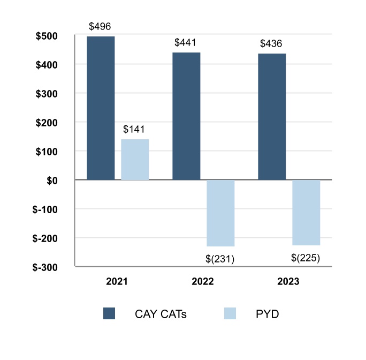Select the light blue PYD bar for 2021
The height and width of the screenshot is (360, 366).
coord(135,160)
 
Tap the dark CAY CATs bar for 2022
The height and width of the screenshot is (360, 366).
coord(186,116)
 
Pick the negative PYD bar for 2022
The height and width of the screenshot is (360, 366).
coord(220,213)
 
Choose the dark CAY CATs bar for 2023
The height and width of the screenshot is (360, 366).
coord(272,117)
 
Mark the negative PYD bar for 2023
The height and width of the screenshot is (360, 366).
coord(306,212)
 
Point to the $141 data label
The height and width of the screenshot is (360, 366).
coord(134,129)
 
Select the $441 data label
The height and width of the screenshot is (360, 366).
coord(186,43)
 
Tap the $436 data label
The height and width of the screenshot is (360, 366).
coord(272,44)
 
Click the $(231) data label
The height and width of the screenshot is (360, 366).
coord(220,259)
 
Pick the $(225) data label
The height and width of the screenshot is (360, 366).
coord(306,257)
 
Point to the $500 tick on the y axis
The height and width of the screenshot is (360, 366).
coord(55,36)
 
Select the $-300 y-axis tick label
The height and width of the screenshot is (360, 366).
coord(53,267)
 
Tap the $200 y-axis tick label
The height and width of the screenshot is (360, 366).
coord(55,123)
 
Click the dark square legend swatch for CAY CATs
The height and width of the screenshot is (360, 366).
coord(109,314)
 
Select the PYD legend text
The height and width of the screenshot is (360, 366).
coord(268,314)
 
